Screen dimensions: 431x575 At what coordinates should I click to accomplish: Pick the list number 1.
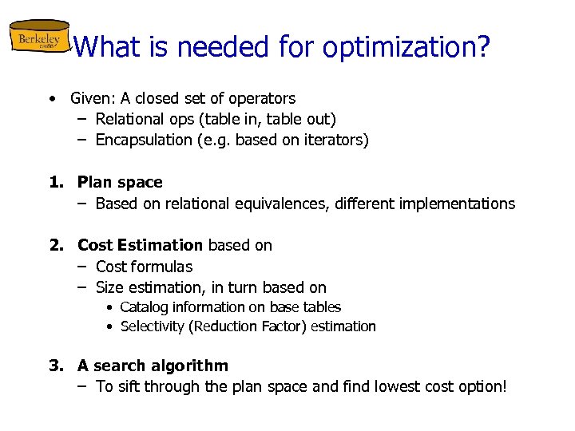coord(55,183)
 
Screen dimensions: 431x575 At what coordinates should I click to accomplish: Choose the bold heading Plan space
coord(120,183)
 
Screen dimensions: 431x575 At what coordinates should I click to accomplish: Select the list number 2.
coord(55,245)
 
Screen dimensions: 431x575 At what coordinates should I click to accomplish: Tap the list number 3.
coord(55,366)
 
